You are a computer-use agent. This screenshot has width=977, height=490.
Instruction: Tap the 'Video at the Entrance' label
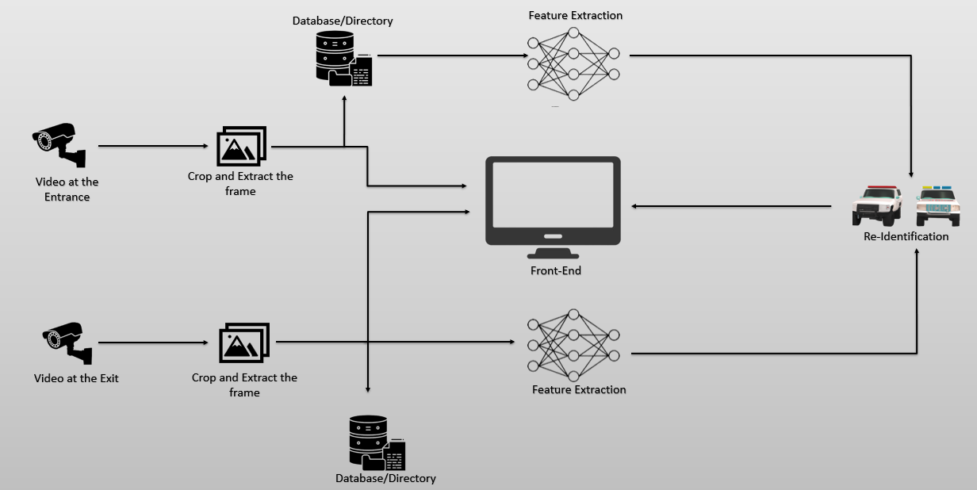click(67, 189)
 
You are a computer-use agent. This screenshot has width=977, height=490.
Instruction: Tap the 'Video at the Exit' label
click(76, 378)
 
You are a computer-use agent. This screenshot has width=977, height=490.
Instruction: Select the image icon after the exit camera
click(244, 343)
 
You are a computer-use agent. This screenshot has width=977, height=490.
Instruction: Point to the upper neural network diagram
click(573, 64)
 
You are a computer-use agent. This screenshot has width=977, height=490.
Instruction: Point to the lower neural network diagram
click(573, 345)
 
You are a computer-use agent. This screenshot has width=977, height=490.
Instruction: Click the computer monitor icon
click(553, 202)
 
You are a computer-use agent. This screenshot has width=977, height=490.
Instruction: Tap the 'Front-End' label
click(555, 270)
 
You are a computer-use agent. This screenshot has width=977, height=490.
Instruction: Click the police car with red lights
click(877, 205)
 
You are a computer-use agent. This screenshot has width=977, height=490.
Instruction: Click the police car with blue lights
click(937, 205)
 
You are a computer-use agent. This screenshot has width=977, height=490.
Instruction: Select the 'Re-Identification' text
click(906, 236)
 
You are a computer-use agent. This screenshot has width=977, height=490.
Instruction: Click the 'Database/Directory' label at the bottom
click(385, 478)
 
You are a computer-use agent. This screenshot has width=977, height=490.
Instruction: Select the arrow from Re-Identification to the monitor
click(730, 206)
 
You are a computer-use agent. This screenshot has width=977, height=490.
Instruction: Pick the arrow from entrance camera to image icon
click(151, 146)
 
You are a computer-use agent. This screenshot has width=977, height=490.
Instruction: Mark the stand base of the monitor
click(553, 255)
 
